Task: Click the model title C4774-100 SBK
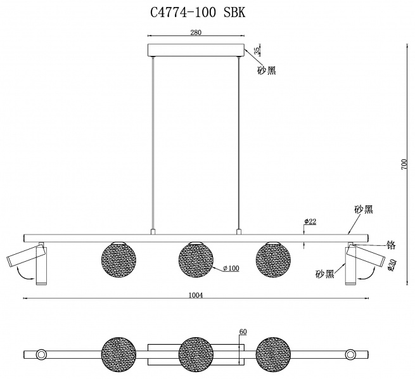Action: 198,12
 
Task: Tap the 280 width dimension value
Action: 196,32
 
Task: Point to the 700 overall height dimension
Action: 404,164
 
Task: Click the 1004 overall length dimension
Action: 196,295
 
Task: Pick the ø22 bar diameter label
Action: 310,221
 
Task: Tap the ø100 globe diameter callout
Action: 231,268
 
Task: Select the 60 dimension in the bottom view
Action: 243,331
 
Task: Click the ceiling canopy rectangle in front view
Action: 196,50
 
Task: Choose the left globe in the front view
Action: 118,260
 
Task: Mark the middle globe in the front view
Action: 196,260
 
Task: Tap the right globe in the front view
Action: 273,260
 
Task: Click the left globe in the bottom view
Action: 118,354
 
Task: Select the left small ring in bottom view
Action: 41,354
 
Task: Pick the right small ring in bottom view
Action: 350,354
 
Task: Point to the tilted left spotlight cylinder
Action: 25,255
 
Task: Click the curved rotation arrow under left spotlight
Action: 24,274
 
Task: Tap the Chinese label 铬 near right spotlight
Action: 391,245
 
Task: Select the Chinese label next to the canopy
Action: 267,70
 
